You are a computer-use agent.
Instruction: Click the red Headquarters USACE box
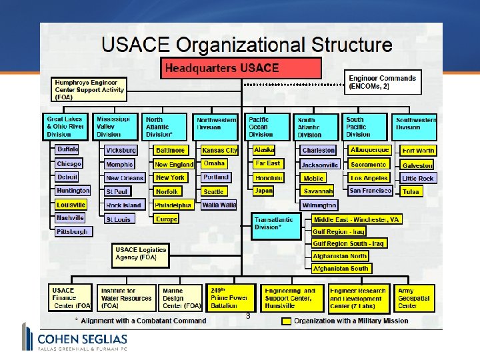click(241, 68)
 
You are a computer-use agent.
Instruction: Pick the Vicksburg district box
click(121, 151)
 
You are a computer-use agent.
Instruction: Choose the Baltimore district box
click(171, 151)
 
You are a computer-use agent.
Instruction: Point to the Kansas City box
click(219, 151)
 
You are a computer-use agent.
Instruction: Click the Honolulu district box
click(268, 178)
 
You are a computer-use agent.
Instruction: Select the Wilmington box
click(319, 205)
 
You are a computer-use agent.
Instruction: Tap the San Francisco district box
click(371, 191)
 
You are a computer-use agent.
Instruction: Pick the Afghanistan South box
click(341, 269)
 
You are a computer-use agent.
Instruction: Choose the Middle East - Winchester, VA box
click(357, 219)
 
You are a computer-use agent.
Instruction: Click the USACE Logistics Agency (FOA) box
click(140, 254)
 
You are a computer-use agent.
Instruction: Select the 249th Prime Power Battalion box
click(230, 297)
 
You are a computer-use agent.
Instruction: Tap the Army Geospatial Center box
click(415, 297)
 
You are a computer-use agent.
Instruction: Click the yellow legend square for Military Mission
click(285, 321)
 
